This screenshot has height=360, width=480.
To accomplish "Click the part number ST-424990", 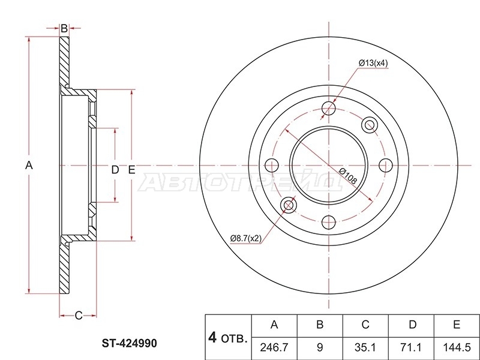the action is (x=129, y=343).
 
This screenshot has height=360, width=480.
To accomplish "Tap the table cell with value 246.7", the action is (x=274, y=347).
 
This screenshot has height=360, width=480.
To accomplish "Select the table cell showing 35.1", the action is (x=365, y=347).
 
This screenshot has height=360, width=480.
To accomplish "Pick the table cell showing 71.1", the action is (x=411, y=347).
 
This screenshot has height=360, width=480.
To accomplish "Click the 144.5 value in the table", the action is (x=457, y=347).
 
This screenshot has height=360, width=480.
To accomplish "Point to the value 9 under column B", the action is (x=320, y=347).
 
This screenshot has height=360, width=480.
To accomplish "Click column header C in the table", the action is (x=365, y=324).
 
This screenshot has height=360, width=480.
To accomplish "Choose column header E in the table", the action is (x=457, y=324).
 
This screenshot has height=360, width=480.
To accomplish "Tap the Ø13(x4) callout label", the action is (x=373, y=63).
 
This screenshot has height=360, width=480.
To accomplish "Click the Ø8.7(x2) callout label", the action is (x=246, y=238).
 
